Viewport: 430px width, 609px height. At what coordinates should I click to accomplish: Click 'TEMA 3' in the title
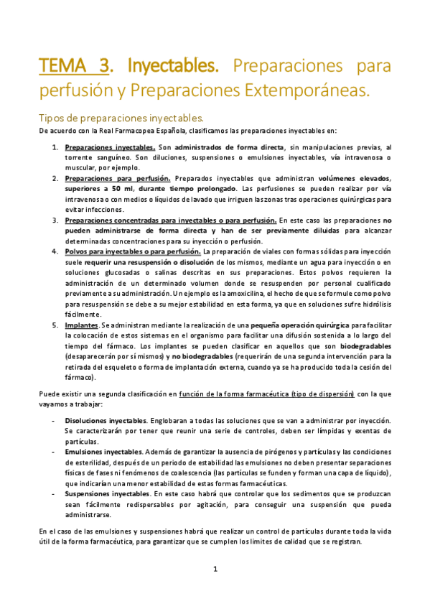75,67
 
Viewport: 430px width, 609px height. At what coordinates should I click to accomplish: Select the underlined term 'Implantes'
82,325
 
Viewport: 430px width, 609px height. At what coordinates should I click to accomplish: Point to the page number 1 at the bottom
215,570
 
